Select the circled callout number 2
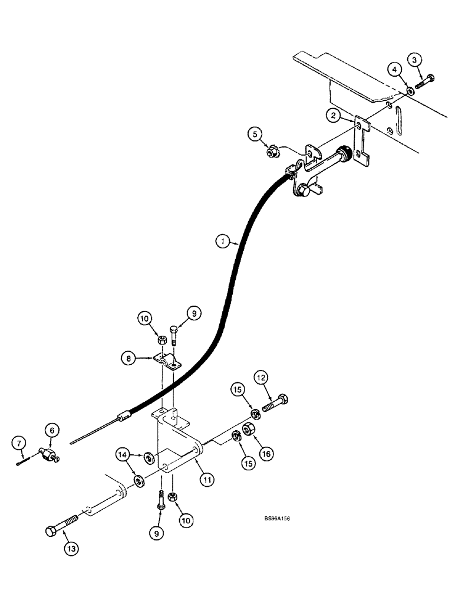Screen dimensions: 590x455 [x=334, y=116]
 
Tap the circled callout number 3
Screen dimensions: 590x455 [x=416, y=60]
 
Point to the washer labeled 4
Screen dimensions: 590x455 [x=408, y=91]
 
